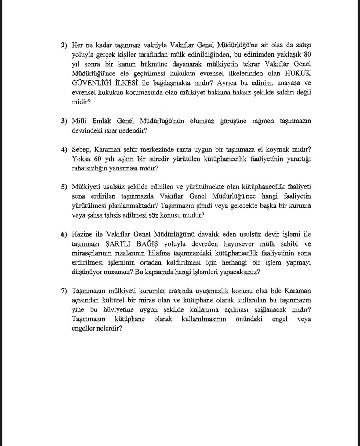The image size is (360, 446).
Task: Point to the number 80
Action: point(307,55)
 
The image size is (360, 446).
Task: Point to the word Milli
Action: point(79,121)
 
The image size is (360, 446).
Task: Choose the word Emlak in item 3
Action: point(102,121)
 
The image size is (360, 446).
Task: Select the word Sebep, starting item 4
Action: point(81,150)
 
